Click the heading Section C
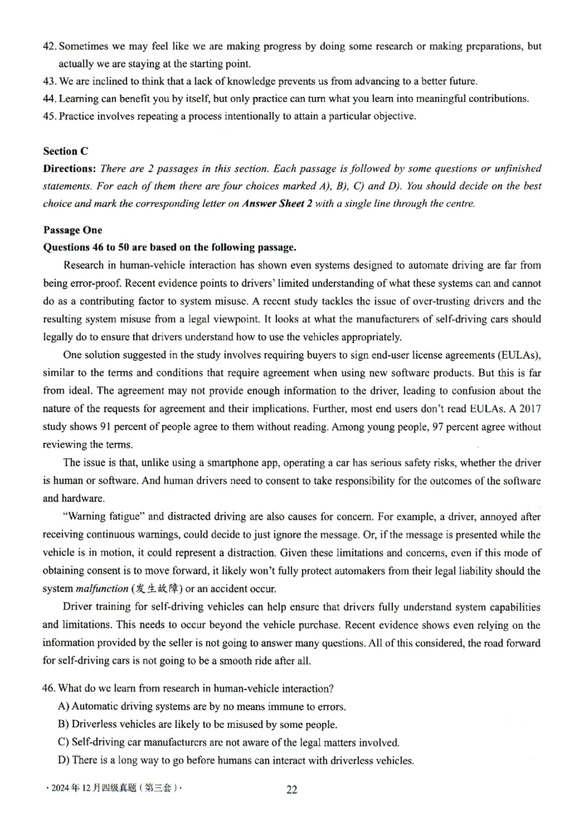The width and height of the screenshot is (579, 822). coord(65,151)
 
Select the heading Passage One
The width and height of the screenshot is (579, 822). coord(72,230)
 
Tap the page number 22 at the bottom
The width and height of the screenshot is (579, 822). coord(292,789)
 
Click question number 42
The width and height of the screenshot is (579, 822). coord(50,46)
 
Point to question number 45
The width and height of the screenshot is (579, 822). coord(50,116)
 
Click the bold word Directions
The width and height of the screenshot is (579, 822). coord(69,169)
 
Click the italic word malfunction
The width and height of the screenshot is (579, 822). coord(100,588)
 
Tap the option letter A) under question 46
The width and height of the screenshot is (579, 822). coord(63,706)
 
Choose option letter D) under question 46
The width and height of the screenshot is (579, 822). coord(63,760)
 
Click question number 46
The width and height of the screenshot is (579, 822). coord(50,688)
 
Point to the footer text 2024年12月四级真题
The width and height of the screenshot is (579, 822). coord(94,789)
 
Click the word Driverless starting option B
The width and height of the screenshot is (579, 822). coord(96,724)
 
